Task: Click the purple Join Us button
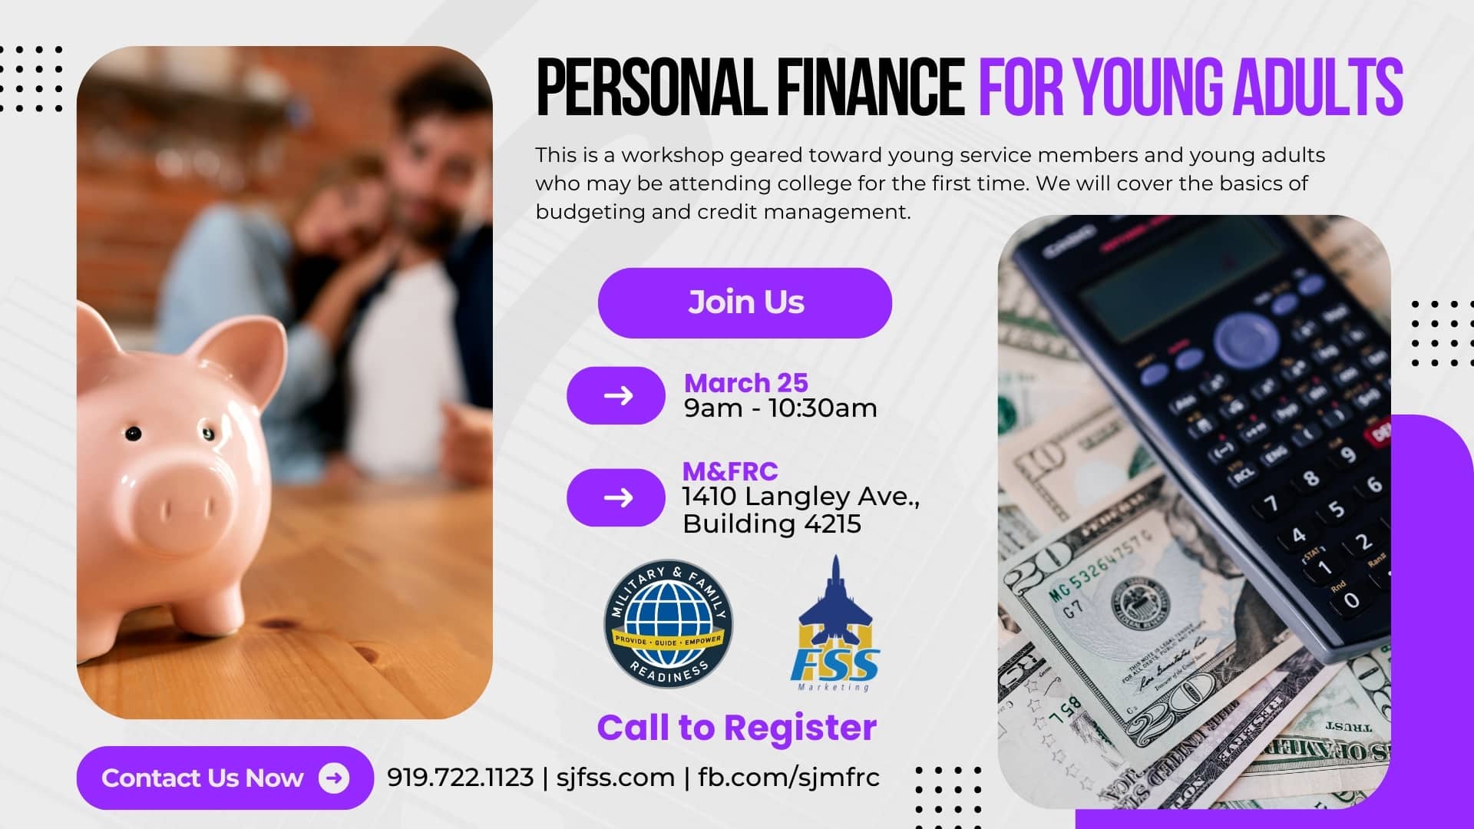tap(745, 302)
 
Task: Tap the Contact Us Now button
tap(225, 778)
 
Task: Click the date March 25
tap(745, 382)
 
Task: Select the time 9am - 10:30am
tap(780, 408)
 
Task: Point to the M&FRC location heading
tap(730, 471)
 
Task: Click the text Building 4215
tap(772, 523)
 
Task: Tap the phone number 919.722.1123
tap(460, 777)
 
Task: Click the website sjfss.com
tap(615, 777)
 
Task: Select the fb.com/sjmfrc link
tap(788, 777)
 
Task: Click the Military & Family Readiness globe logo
tap(668, 623)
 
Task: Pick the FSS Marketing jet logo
tap(834, 623)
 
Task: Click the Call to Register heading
tap(736, 727)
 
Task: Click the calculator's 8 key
tap(1311, 478)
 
